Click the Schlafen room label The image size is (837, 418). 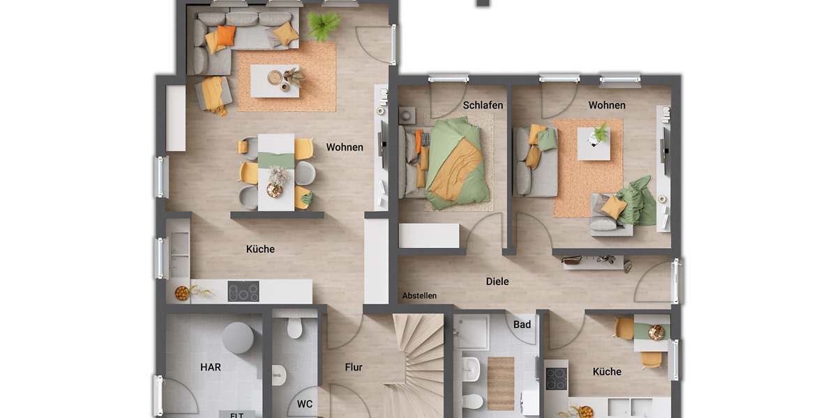coord(483,105)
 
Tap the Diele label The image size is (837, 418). coord(497,281)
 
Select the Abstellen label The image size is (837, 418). coord(419,295)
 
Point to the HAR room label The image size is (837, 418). coord(210,367)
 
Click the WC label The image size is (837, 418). coord(305,403)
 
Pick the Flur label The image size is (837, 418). coord(354,367)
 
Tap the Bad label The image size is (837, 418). coord(522,324)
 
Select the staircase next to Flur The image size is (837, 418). coord(417,362)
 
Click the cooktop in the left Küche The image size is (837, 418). coord(243,291)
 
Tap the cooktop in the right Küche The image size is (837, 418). coord(557,379)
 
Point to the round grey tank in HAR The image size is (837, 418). coord(238,338)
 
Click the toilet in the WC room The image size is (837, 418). coord(294,327)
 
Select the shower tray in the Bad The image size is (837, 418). coord(472,332)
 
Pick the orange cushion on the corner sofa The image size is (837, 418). coord(225,35)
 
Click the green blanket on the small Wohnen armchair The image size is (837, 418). coord(638,201)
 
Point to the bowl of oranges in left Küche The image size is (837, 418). coord(181,293)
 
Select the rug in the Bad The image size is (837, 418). coord(500,383)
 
